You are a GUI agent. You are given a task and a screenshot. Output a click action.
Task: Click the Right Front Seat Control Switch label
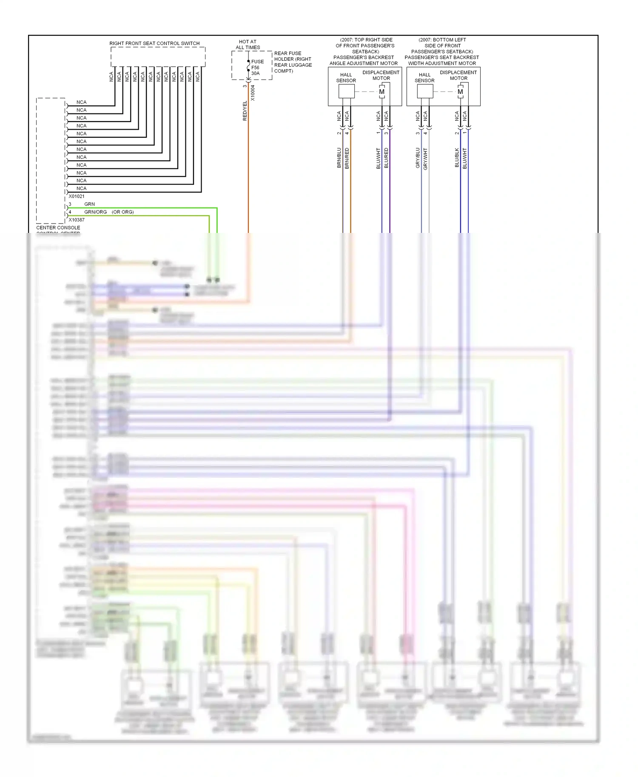click(154, 43)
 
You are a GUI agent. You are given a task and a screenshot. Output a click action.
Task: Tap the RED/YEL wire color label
click(245, 111)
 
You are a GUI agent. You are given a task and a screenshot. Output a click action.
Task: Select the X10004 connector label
click(253, 93)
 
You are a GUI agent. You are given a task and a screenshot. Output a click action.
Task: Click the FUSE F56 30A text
click(257, 67)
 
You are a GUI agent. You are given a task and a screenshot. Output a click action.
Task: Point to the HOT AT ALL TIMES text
click(248, 45)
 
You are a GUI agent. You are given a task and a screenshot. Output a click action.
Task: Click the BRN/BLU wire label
click(339, 158)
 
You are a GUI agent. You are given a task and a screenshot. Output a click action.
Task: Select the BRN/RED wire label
click(347, 158)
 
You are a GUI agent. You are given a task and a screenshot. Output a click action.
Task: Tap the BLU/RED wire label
click(386, 158)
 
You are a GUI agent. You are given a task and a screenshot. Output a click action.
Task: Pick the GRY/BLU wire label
click(418, 158)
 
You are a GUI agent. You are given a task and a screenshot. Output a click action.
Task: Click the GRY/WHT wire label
click(425, 159)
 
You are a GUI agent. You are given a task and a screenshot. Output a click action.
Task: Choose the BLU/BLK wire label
click(457, 158)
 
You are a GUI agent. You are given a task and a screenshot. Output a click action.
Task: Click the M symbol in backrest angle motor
click(382, 91)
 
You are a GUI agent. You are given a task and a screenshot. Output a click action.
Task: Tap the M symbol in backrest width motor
click(460, 91)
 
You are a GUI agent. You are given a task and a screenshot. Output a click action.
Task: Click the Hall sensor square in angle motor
click(346, 91)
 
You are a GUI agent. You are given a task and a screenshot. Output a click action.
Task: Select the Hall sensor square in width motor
click(425, 91)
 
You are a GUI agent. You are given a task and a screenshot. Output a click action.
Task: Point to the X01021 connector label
click(77, 196)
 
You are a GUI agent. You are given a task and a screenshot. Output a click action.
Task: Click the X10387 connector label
click(77, 220)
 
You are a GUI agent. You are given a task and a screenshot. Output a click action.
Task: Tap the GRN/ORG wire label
click(95, 212)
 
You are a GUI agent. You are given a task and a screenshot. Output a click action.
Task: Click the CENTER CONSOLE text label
click(58, 228)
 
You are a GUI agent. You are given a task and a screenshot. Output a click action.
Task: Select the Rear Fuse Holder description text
click(293, 62)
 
